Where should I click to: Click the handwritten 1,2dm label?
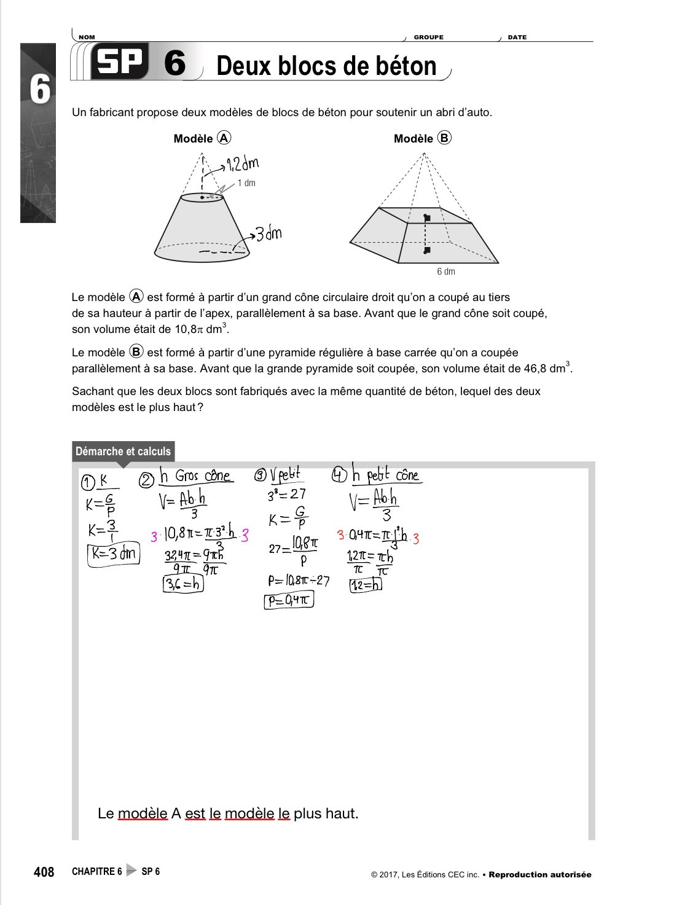(x=243, y=164)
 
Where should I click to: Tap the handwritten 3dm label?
(x=268, y=234)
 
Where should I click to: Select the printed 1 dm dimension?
(x=246, y=183)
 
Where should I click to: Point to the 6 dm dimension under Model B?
(x=446, y=272)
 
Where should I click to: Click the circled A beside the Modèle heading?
(x=224, y=138)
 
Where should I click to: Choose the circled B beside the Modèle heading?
(x=444, y=138)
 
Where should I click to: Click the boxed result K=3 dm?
(x=114, y=554)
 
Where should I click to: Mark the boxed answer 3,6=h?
(x=183, y=584)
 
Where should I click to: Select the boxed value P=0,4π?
(x=289, y=600)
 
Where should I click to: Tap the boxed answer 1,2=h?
(x=366, y=585)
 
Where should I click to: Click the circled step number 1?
(x=88, y=483)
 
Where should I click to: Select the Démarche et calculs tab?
(x=123, y=452)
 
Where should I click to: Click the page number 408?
(x=44, y=872)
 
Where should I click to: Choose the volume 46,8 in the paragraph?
(x=534, y=369)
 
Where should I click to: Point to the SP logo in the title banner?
(x=120, y=63)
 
